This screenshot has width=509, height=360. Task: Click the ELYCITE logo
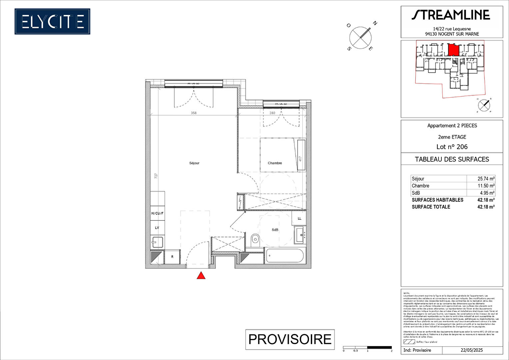coord(52,22)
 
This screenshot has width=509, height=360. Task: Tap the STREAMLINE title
coord(451,15)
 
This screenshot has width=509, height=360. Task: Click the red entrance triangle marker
coord(201,276)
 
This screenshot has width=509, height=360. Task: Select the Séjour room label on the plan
coord(194,163)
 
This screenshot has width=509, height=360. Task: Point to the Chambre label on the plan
coord(275,163)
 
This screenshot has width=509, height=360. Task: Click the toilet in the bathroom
coord(255,239)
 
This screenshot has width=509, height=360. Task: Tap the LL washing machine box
coord(299,218)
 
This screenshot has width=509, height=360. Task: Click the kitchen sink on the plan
coord(157,241)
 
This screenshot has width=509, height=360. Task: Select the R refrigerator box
coord(172,257)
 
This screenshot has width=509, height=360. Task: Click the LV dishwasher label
coord(157,228)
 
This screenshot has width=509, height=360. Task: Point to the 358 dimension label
coord(194,113)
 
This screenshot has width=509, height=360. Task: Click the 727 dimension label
coord(156,176)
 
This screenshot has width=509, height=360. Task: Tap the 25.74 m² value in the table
coord(486,179)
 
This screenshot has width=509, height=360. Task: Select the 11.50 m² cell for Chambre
coord(486,186)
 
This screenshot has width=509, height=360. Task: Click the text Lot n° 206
coord(452,147)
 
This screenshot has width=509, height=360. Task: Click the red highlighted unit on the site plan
coord(453,50)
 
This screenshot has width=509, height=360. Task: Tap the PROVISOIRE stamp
coord(290,339)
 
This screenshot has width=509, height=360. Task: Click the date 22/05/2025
coord(472,350)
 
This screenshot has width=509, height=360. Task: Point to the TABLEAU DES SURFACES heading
coord(452,159)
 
